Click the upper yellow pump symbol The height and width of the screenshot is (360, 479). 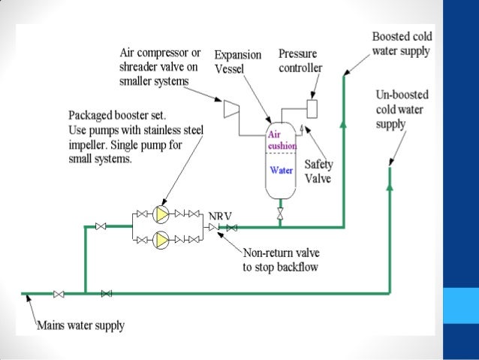click(x=161, y=215)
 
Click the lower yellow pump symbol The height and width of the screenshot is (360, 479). click(x=161, y=239)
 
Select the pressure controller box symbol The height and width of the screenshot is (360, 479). click(x=312, y=107)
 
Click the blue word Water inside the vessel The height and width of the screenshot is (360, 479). click(x=282, y=170)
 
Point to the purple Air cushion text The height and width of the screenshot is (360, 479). click(x=282, y=140)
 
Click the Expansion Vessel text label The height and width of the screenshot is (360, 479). click(x=237, y=61)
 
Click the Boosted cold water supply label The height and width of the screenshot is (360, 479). click(x=401, y=44)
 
